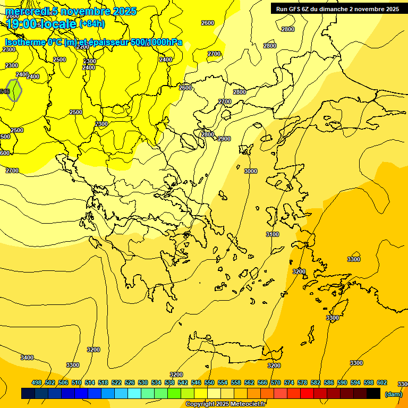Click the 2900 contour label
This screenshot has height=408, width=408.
pyautogui.click(x=224, y=139)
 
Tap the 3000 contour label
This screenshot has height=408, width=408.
pyautogui.click(x=250, y=171)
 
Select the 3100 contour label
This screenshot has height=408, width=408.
pyautogui.click(x=272, y=234)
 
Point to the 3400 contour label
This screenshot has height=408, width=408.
pyautogui.click(x=27, y=358)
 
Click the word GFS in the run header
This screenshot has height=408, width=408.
pyautogui.click(x=295, y=9)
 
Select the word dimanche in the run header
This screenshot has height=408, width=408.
pyautogui.click(x=333, y=9)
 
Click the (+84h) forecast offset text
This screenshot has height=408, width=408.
pyautogui.click(x=92, y=23)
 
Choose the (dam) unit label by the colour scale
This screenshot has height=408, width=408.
pyautogui.click(x=393, y=394)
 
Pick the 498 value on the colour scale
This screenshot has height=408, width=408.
pyautogui.click(x=37, y=382)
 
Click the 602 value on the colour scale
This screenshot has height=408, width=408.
pyautogui.click(x=382, y=382)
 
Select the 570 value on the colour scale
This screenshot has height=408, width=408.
pyautogui.click(x=276, y=382)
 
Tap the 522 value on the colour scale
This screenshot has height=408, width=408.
pyautogui.click(x=116, y=382)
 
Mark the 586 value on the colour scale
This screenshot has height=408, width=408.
pyautogui.click(x=329, y=382)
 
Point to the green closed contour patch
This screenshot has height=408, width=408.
pyautogui.click(x=15, y=90)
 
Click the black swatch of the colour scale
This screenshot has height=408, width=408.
pyautogui.click(x=373, y=394)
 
